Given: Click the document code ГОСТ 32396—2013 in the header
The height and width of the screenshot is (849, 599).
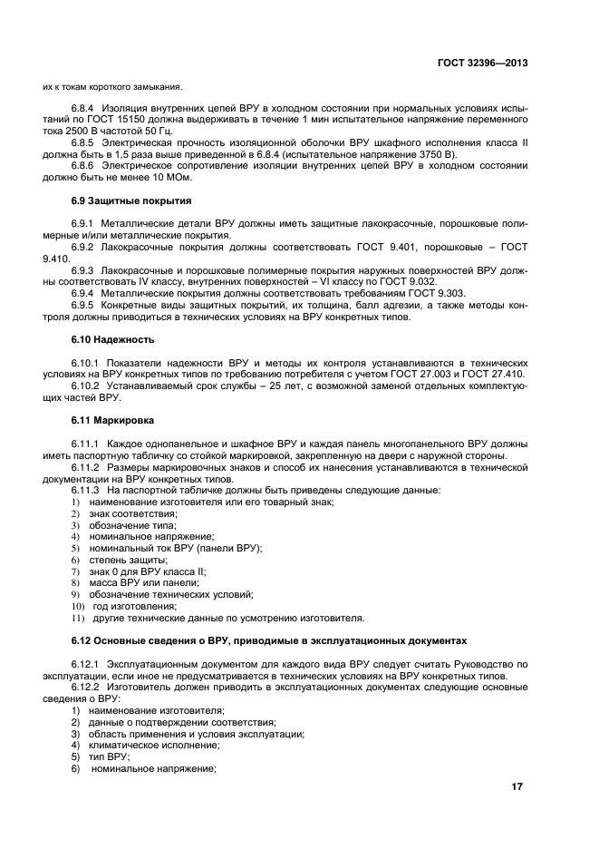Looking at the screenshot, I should [x=481, y=63].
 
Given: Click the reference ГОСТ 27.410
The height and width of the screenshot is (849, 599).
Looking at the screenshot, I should [x=498, y=374].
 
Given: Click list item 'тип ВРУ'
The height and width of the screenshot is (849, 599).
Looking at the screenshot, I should [x=110, y=756].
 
